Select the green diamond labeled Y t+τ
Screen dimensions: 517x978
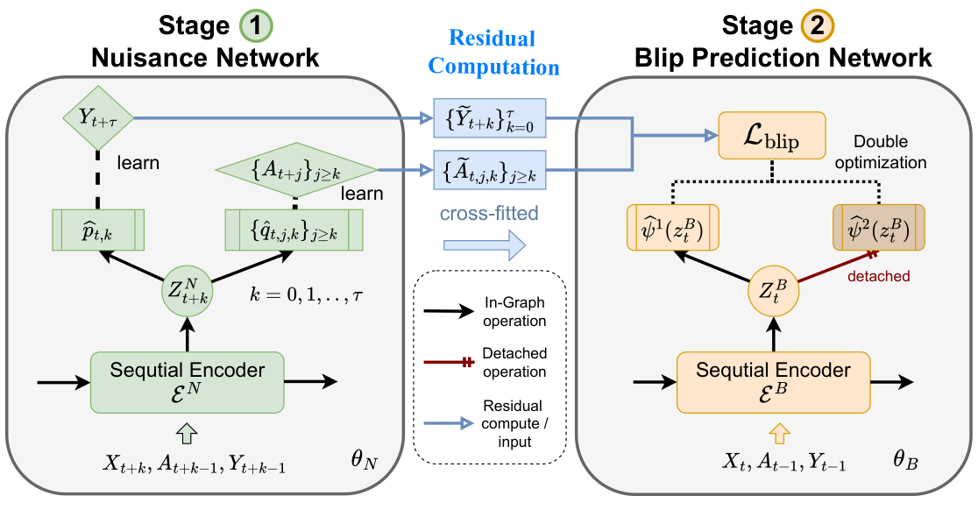click(96, 119)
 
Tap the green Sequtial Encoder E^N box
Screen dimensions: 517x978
click(188, 382)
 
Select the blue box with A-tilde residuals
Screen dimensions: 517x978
click(488, 168)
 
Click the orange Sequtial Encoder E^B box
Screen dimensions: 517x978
click(773, 382)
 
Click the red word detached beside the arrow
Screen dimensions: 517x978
click(878, 276)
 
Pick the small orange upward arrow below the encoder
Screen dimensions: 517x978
click(773, 430)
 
